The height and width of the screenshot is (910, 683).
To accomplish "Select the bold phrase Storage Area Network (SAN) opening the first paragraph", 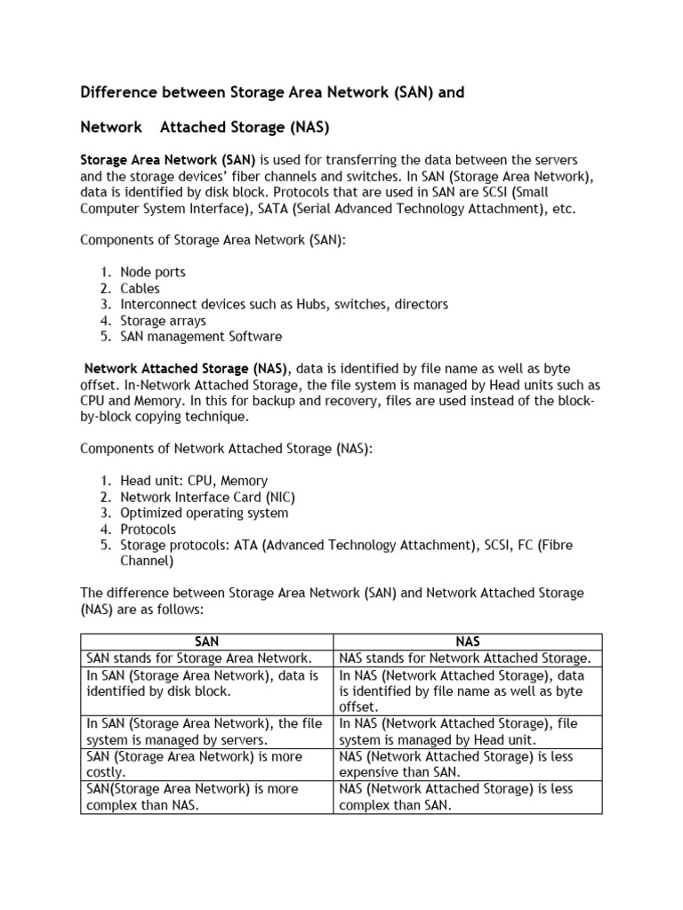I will tap(168, 160).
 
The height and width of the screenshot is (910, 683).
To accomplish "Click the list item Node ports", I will tap(153, 272).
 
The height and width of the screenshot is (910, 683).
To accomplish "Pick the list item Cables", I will tap(141, 288).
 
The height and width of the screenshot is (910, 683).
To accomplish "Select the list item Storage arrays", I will tap(163, 320).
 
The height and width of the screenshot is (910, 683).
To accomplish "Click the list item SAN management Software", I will tap(201, 336).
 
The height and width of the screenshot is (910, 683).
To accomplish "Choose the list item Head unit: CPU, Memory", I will tap(194, 481).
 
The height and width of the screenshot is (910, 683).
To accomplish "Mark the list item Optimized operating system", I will tap(205, 513).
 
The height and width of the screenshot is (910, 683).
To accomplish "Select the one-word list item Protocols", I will tap(149, 529).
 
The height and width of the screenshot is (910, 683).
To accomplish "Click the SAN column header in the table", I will tap(206, 642).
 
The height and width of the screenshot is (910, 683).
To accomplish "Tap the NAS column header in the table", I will tap(468, 642).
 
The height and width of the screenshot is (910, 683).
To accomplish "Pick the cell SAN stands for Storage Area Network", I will tap(199, 659).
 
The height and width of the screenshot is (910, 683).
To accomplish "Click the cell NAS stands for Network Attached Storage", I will tap(465, 659).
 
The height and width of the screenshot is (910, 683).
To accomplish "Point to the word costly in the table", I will tap(105, 773).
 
